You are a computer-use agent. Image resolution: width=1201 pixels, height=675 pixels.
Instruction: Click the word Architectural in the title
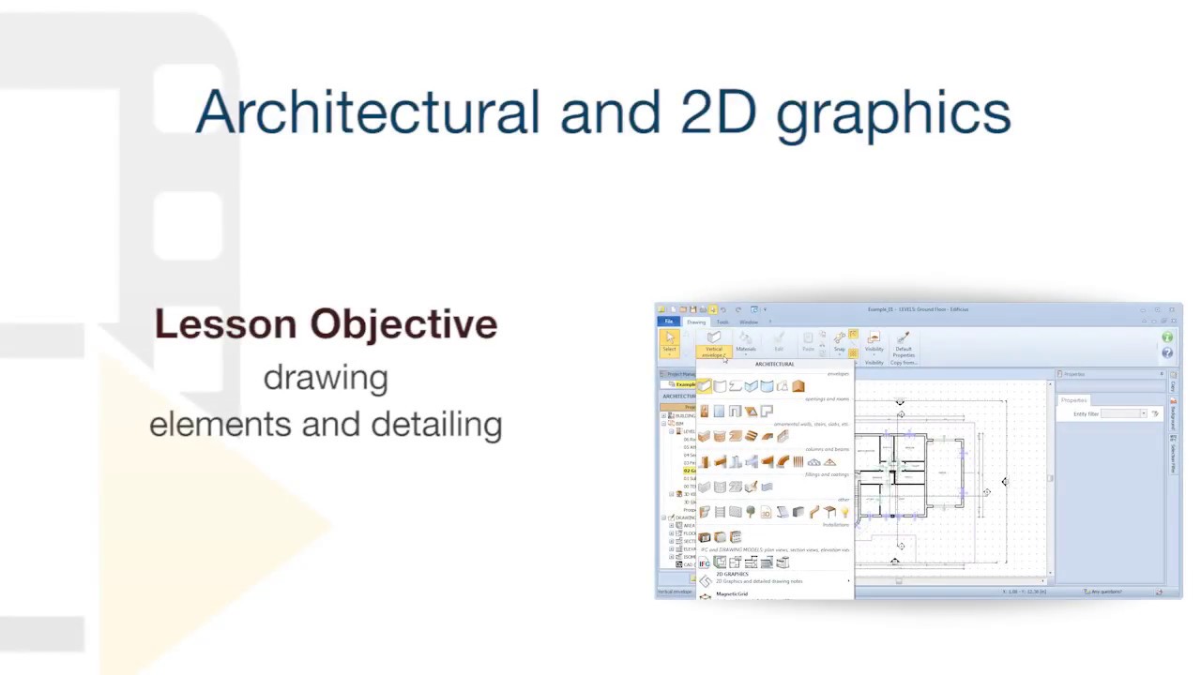point(366,112)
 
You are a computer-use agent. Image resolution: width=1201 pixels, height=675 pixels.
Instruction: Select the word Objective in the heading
point(403,324)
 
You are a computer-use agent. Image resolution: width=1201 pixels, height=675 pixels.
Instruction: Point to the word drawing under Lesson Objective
point(326,379)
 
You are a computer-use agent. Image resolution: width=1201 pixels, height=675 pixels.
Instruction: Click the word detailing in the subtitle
point(436,425)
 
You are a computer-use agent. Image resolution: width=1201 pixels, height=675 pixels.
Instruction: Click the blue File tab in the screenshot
point(669,322)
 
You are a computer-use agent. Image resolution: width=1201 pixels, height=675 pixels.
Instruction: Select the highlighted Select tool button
point(669,341)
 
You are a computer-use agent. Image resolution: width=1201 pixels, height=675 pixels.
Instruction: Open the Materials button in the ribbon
point(745,342)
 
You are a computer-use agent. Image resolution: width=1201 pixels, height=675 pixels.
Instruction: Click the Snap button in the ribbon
point(840,342)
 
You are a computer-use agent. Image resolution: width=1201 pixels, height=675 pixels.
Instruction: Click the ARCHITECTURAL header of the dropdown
point(774,364)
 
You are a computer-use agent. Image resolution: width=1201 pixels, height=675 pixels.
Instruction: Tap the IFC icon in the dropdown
point(704,563)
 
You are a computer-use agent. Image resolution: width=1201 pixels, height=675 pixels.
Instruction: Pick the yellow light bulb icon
point(844,513)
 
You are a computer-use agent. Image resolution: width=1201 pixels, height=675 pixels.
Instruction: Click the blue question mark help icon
point(1167,352)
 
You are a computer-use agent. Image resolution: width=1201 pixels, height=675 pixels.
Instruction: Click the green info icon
point(1167,337)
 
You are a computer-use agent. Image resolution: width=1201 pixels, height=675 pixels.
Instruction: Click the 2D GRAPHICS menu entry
point(733,574)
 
